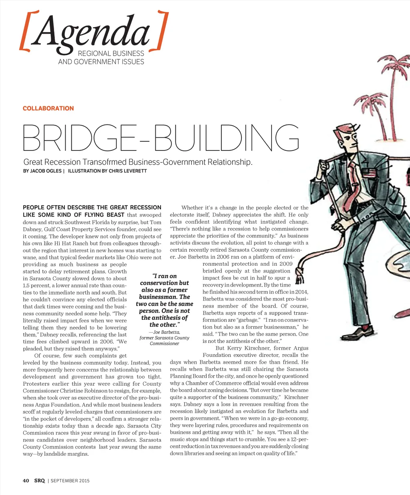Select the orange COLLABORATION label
pos(48,108)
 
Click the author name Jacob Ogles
pos(46,171)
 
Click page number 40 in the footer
pos(26,481)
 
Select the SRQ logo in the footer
pos(39,481)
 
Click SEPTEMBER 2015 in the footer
pos(70,481)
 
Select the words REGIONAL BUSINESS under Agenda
pos(111,54)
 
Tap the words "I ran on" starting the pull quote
pos(164,276)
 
